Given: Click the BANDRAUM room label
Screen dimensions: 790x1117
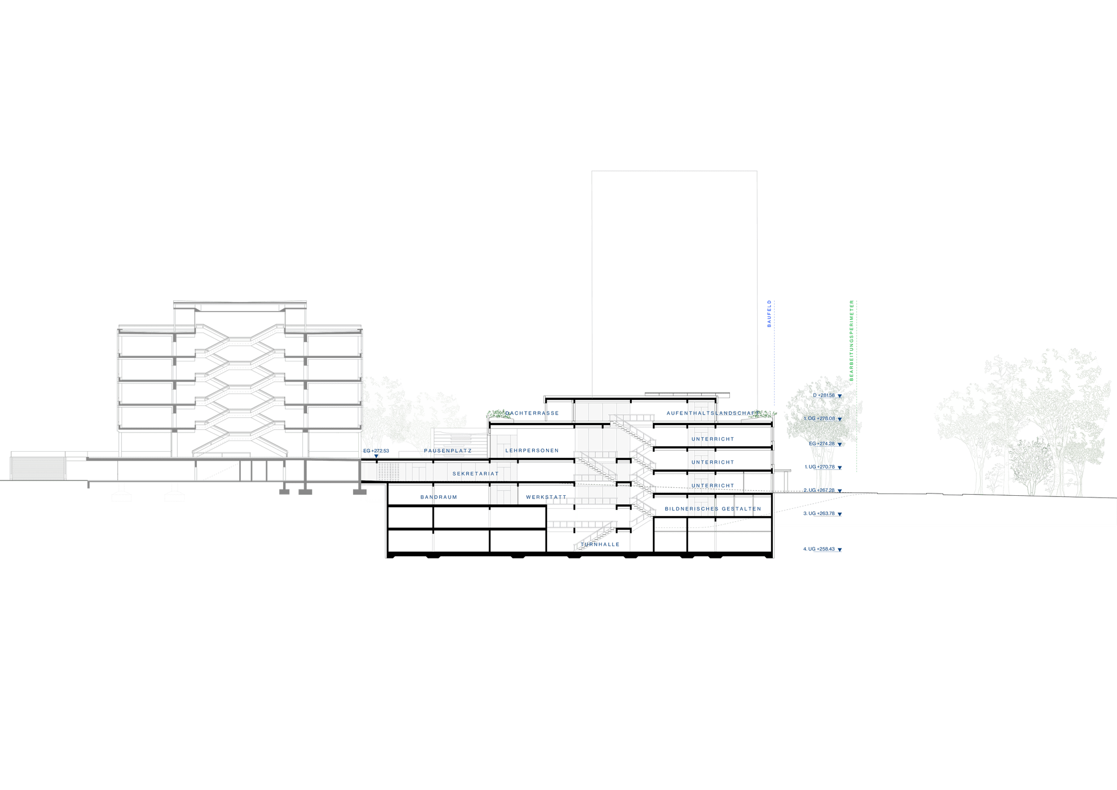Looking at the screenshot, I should [x=438, y=497].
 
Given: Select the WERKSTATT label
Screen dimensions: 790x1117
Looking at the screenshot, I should [x=546, y=497].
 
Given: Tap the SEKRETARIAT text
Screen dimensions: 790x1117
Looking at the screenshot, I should [x=476, y=474].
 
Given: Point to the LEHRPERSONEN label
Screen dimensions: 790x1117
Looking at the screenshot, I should [x=532, y=451].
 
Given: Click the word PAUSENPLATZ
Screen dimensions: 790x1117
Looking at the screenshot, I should [x=448, y=451].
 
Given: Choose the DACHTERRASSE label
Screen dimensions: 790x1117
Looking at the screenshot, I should [x=532, y=413].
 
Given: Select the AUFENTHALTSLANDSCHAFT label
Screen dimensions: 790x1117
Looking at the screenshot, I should [x=713, y=413].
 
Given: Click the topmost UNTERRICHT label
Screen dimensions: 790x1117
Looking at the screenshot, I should [x=713, y=439].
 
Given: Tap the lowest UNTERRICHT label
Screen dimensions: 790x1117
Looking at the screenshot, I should [x=713, y=486].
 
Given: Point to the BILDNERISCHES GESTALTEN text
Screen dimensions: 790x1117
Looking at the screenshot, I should [x=713, y=509].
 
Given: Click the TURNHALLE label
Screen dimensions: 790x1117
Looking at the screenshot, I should [x=600, y=544].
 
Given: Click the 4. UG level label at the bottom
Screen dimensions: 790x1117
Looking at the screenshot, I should [x=822, y=549].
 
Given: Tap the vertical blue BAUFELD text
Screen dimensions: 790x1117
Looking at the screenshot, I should [x=768, y=314].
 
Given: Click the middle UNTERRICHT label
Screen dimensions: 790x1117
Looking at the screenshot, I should [x=713, y=462].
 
